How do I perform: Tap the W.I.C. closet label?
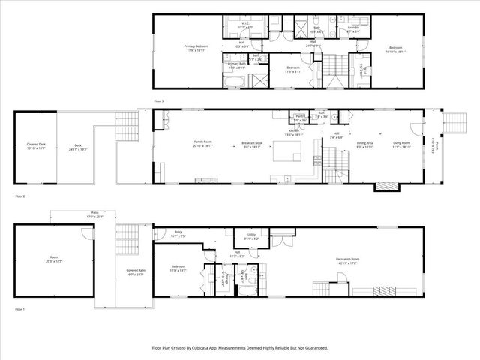tap(245, 25)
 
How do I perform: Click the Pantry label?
tap(300, 117)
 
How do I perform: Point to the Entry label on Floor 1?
tap(178, 232)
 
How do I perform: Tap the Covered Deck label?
tap(37, 146)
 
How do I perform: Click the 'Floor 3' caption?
tap(158, 100)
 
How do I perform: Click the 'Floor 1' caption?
tap(19, 309)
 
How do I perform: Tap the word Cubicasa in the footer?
tap(214, 348)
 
